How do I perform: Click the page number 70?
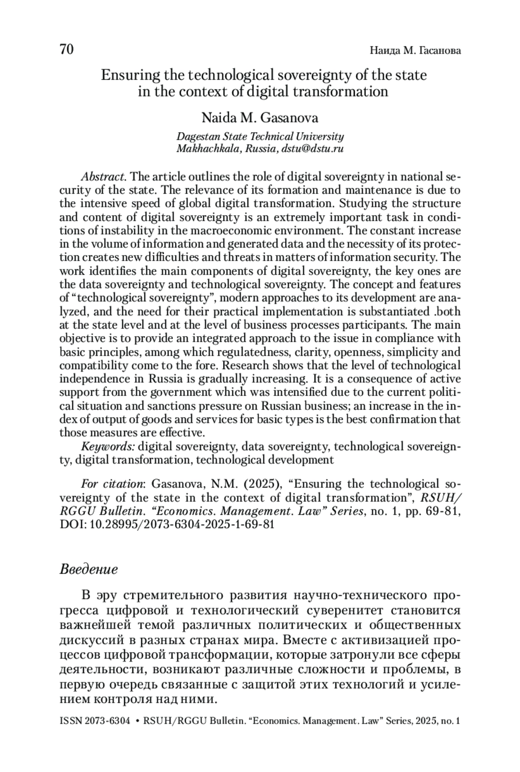pos(67,50)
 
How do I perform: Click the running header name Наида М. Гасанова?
pos(415,51)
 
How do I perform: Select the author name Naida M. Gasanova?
pos(260,118)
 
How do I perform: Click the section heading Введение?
pos(88,569)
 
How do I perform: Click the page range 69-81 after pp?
pos(442,511)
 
